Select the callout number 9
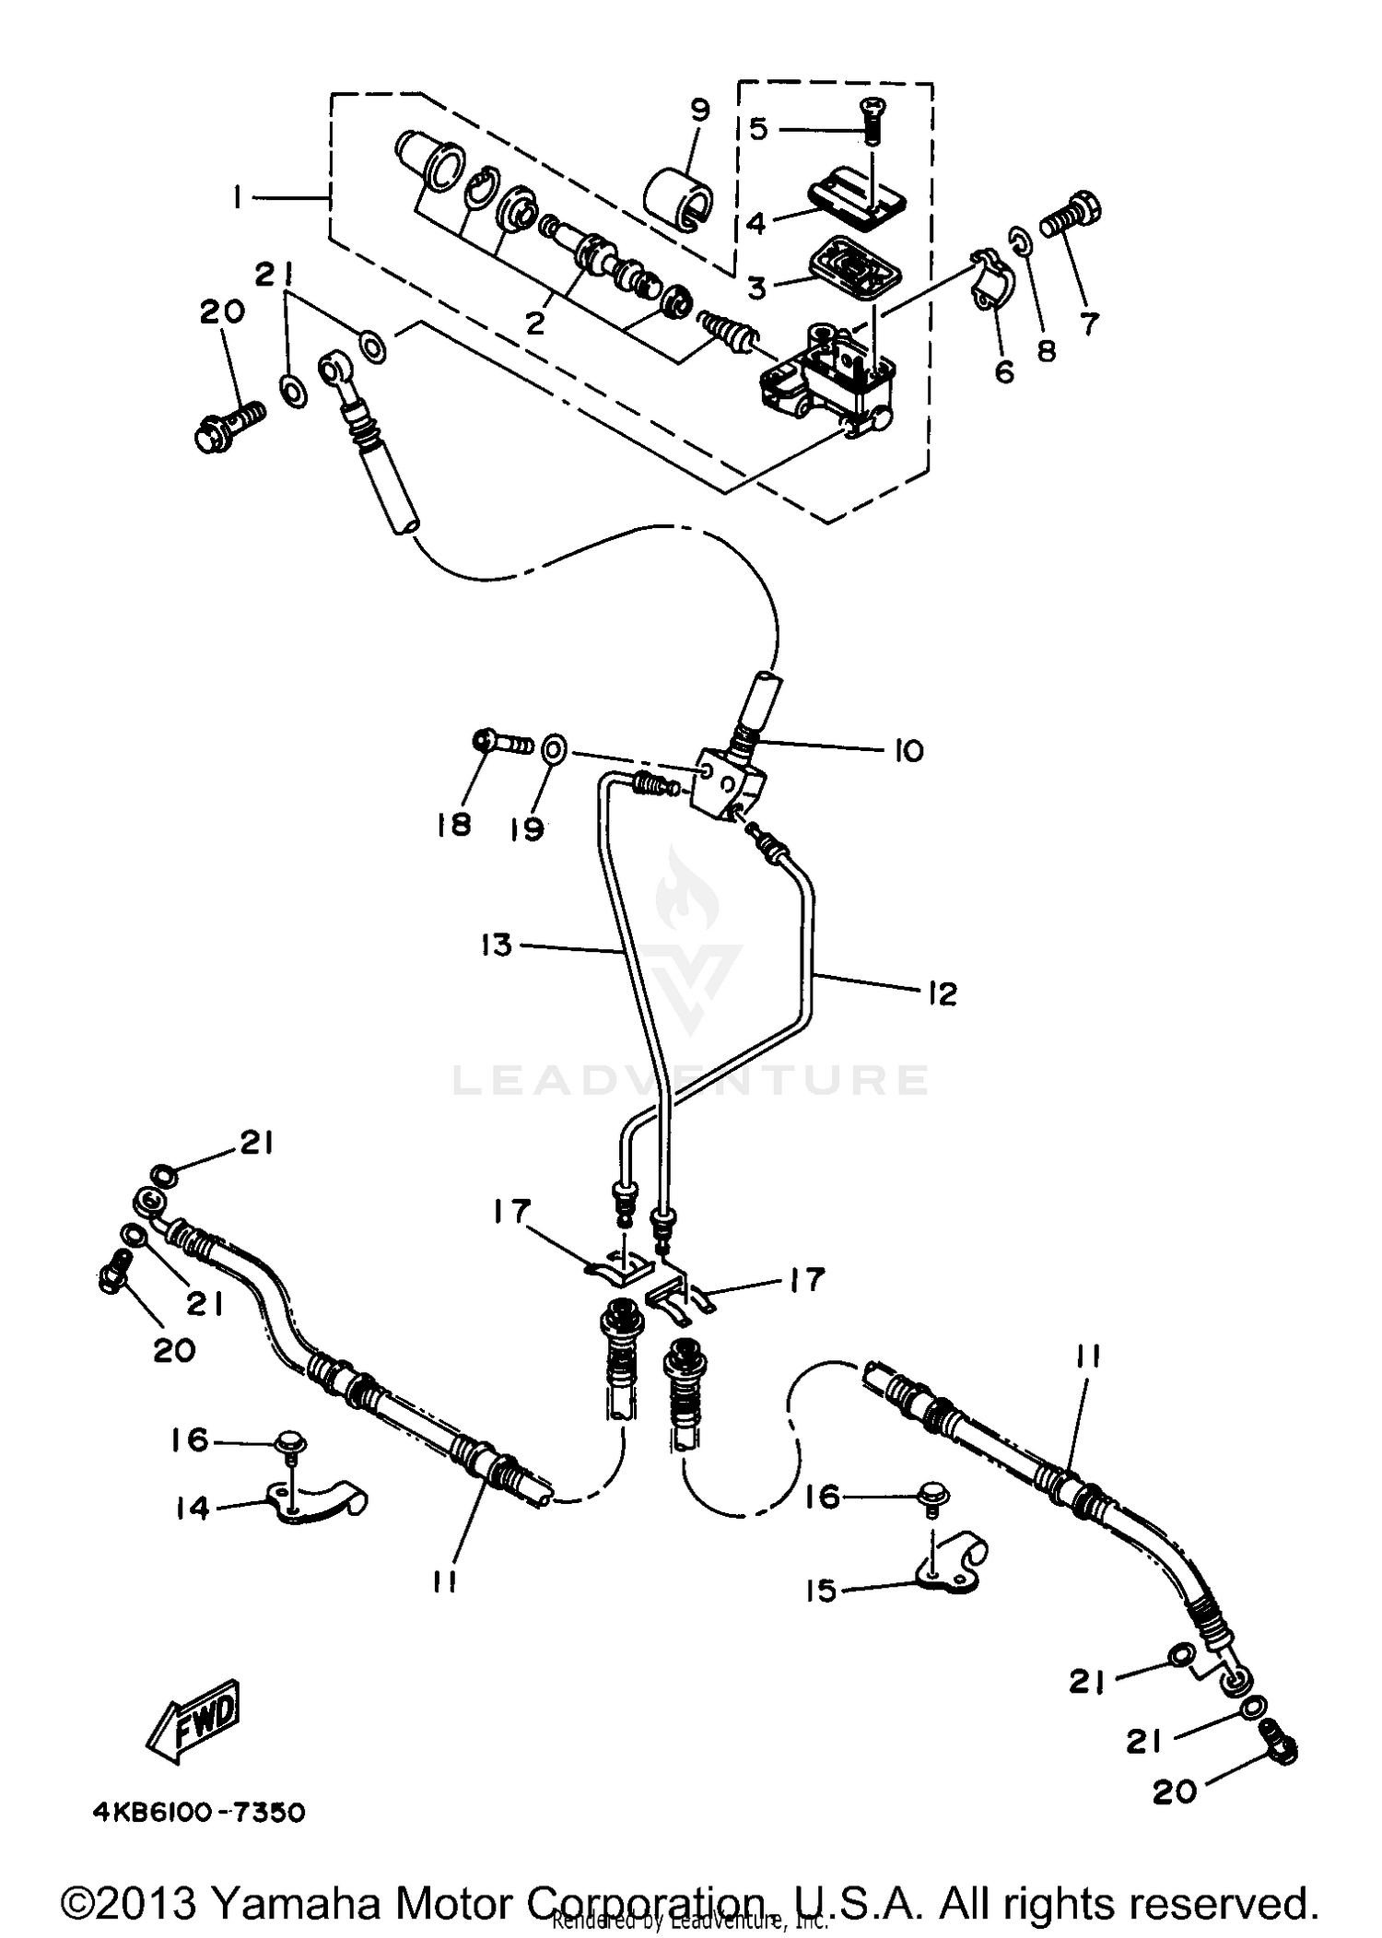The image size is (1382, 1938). (x=700, y=112)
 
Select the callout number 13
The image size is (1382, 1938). (x=497, y=945)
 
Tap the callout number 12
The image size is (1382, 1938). (x=942, y=993)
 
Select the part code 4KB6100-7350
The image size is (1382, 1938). (x=198, y=1813)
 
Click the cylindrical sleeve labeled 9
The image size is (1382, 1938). (x=677, y=196)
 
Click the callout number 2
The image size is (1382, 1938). (x=535, y=323)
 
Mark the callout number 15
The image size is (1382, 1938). (x=821, y=1590)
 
